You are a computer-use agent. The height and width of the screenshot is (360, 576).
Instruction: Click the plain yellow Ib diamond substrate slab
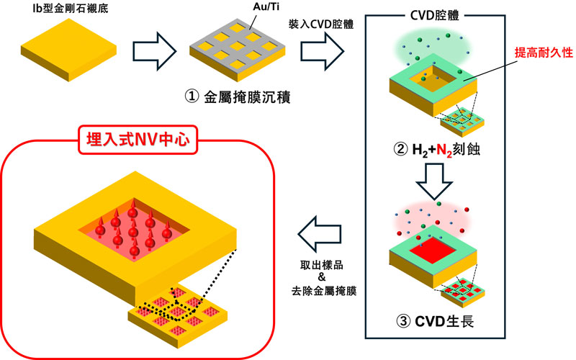[66, 49]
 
